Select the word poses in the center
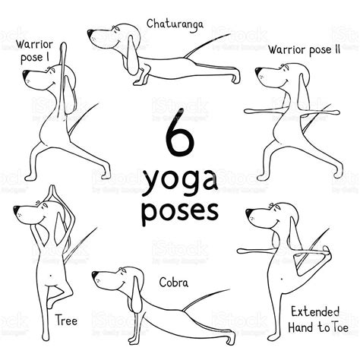tap(180, 210)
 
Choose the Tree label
tap(65, 320)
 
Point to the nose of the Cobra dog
tap(95, 276)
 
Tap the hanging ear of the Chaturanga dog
tap(134, 57)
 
